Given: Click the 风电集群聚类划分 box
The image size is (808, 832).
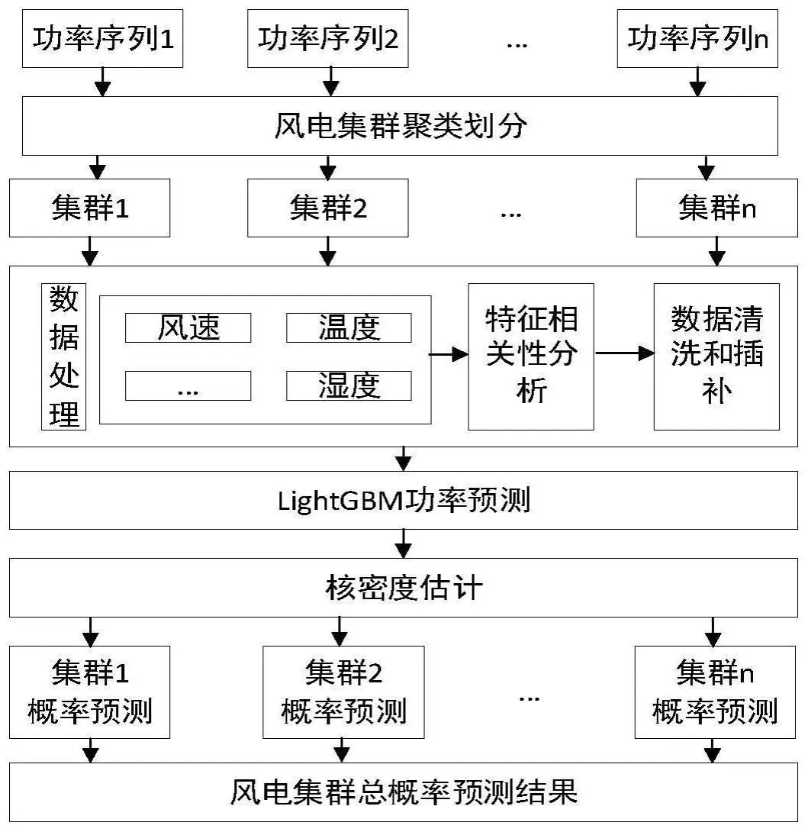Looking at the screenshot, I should [403, 126].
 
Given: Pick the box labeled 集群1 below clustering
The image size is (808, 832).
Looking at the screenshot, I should [89, 208].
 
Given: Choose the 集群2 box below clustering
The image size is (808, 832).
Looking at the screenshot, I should [328, 208].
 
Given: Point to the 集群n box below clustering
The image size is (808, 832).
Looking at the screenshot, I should [716, 208].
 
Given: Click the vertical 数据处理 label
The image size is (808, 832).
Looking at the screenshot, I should [63, 356].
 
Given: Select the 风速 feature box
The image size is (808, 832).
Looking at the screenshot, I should [188, 328].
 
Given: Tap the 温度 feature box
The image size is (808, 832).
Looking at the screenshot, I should [349, 328].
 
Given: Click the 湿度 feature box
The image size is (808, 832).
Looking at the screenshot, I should [349, 386].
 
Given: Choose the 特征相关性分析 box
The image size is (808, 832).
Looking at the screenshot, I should [531, 356].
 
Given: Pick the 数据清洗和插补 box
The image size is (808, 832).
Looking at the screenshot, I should [716, 356].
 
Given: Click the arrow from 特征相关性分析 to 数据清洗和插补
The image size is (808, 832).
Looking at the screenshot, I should [624, 353].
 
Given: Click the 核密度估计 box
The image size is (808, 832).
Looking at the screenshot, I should [403, 589].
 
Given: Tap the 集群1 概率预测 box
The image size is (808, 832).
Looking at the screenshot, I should [89, 692].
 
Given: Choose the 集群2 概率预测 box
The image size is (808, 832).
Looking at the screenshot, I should [343, 692].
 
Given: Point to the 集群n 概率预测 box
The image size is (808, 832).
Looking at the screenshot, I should [715, 692].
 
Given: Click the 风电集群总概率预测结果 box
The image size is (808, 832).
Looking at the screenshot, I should [403, 792].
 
